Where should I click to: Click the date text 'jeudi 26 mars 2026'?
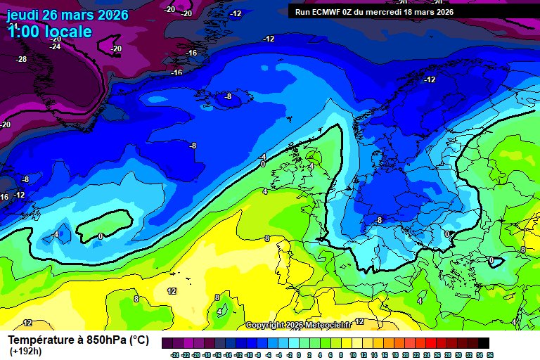click(67, 15)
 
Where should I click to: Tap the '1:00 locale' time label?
click(49, 32)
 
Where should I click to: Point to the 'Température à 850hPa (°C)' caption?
click(78, 340)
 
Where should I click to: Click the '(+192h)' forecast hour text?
click(25, 352)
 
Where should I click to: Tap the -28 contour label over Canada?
click(21, 59)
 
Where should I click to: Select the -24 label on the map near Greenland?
click(55, 46)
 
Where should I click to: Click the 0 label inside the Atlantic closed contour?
click(101, 236)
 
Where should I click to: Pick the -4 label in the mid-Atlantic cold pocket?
click(53, 234)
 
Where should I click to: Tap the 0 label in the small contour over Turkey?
click(491, 259)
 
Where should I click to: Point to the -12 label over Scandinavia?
click(430, 79)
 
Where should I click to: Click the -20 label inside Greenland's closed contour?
click(116, 49)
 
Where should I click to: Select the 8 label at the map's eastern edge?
click(522, 250)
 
